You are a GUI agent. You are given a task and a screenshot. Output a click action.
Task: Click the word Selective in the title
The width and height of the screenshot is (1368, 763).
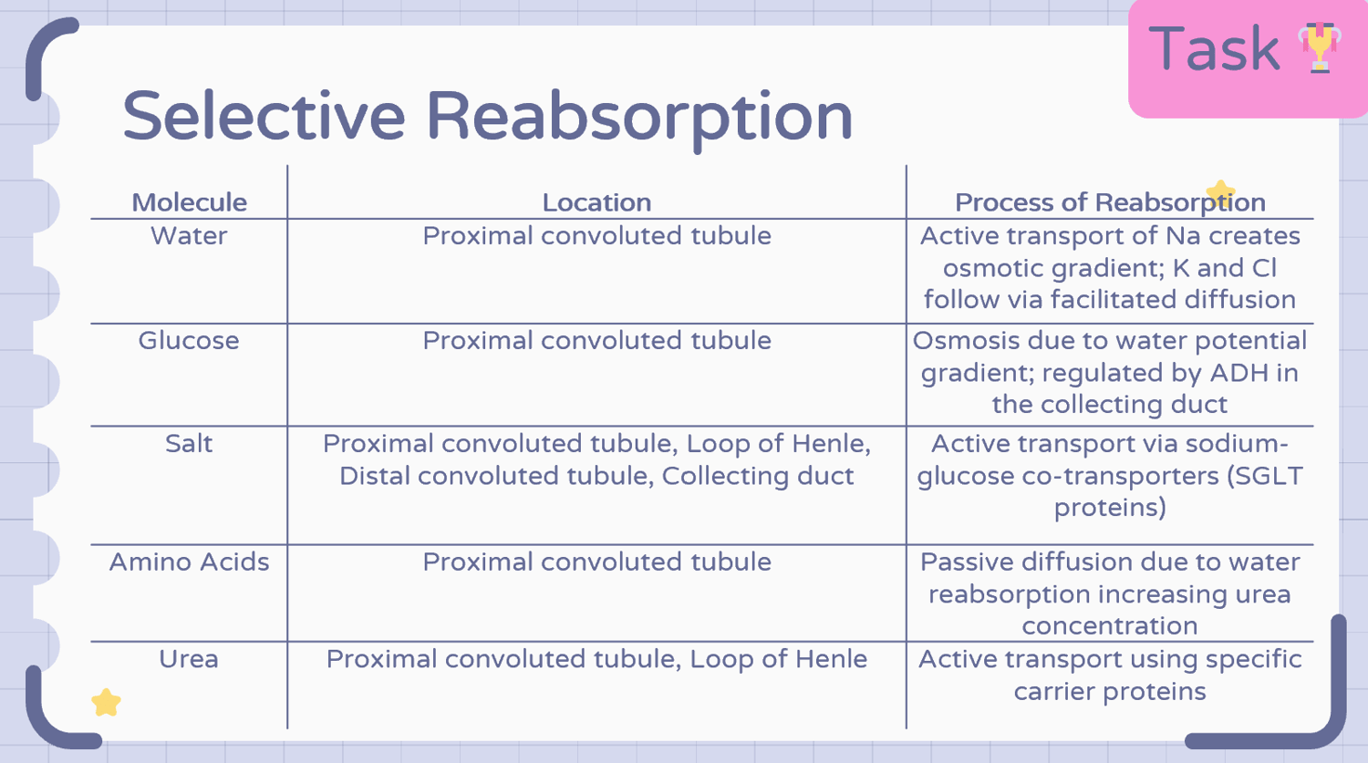(x=264, y=116)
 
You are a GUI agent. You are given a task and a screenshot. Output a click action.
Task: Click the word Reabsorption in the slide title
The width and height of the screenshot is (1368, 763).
(x=638, y=119)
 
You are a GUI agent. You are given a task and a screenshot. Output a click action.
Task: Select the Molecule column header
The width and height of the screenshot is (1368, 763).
(x=190, y=202)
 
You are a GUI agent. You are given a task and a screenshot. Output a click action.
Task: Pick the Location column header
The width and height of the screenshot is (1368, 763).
(x=596, y=202)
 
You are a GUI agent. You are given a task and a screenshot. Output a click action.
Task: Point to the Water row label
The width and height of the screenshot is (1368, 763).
(x=189, y=235)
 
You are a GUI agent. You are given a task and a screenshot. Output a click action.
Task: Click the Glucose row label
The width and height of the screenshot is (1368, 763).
(x=189, y=340)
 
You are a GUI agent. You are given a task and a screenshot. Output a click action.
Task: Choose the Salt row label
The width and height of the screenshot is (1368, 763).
(x=189, y=443)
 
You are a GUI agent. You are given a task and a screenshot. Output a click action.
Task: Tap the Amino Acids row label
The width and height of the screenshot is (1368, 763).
(x=189, y=562)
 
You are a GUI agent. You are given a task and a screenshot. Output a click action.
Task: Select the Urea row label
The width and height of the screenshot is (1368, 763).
(x=189, y=658)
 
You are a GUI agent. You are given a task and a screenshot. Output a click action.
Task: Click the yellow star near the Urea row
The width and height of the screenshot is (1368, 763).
(x=107, y=702)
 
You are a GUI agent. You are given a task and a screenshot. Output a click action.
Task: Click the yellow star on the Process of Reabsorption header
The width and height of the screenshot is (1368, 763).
(x=1220, y=193)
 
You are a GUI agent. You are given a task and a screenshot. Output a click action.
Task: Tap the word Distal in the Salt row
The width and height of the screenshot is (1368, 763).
(x=374, y=476)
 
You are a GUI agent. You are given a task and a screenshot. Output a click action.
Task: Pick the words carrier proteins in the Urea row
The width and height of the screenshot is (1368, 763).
(x=1110, y=692)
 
